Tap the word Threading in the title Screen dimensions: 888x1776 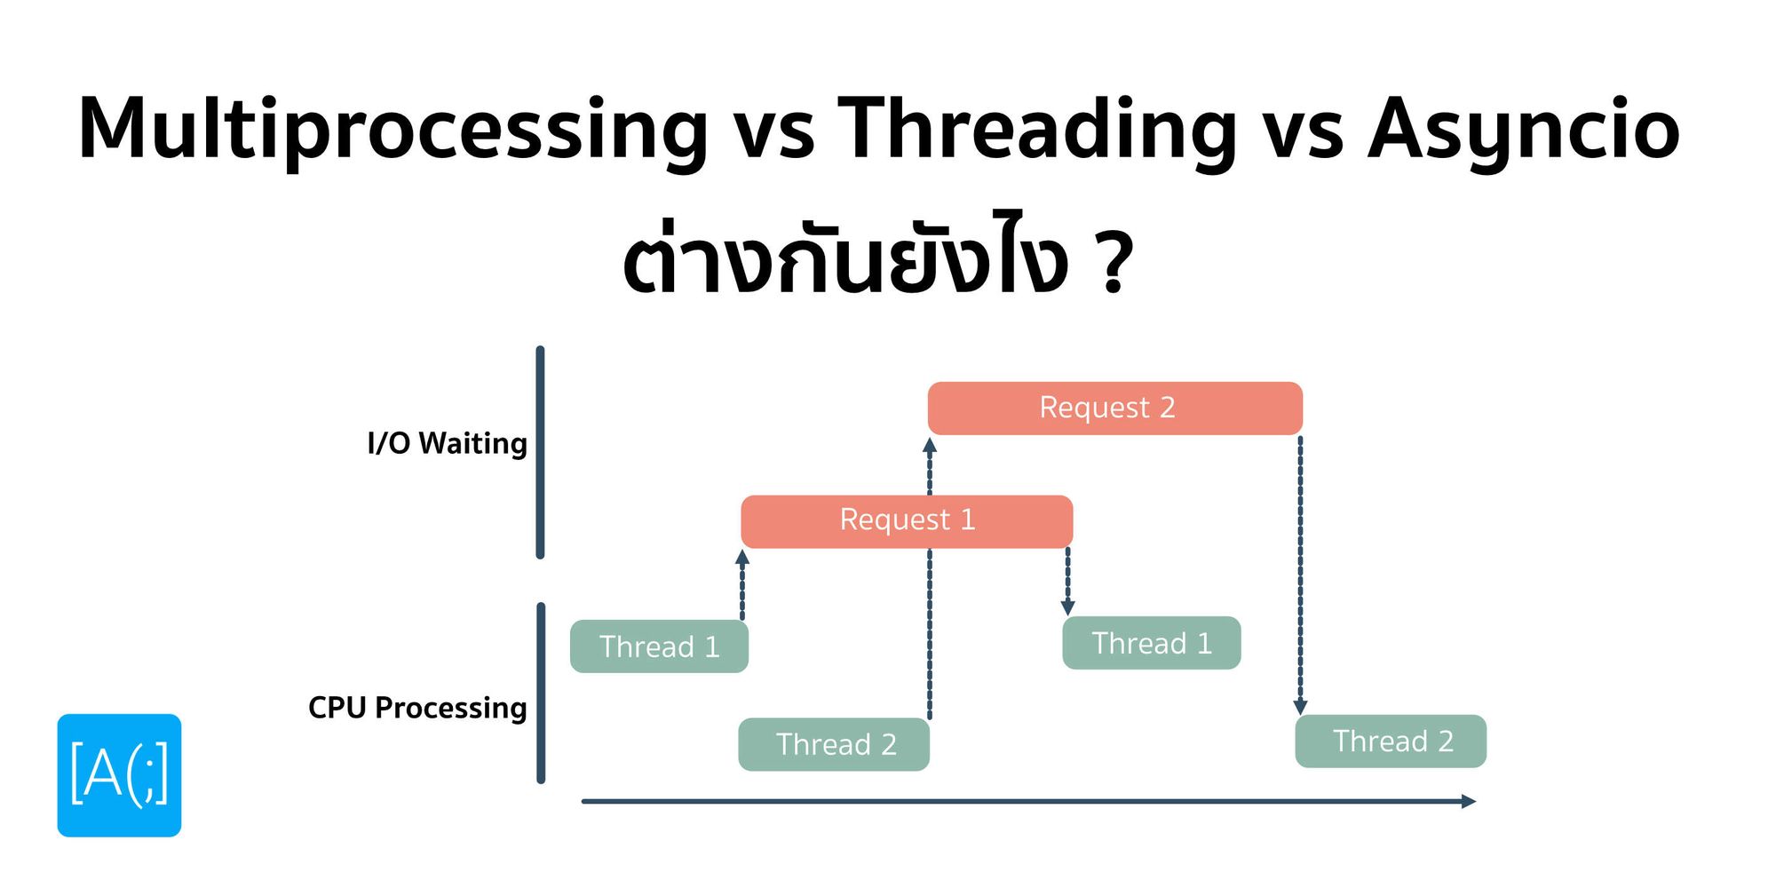coord(1036,130)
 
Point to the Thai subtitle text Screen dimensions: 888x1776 coord(844,262)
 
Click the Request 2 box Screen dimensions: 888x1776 coord(1114,408)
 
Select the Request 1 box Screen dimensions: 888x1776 coord(907,521)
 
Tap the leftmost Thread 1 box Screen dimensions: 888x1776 coord(659,646)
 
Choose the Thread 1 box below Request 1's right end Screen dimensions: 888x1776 coord(1151,643)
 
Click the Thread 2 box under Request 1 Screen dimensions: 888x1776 coord(834,744)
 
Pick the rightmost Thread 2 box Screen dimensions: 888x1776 coord(1391,741)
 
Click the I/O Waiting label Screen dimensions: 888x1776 coord(447,443)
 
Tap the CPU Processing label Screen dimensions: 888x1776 coord(417,708)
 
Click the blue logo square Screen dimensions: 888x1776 coord(119,775)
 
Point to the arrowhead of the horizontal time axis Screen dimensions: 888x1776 coord(1469,801)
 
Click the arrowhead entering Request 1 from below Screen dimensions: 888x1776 coord(742,557)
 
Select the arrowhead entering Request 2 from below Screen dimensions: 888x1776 coord(930,445)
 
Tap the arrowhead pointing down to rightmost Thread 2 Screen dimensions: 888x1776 coord(1300,707)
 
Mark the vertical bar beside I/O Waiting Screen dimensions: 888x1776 coord(540,453)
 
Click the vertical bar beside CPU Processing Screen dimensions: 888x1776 coord(541,693)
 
